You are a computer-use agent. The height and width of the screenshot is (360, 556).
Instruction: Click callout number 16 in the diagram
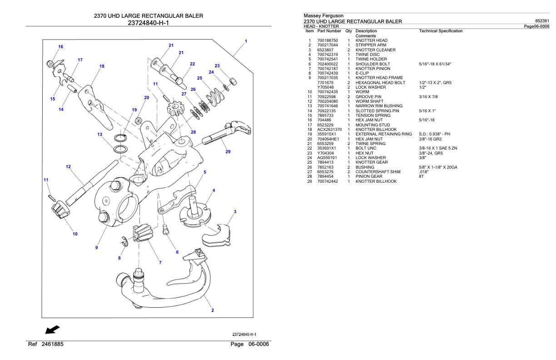click(x=60, y=47)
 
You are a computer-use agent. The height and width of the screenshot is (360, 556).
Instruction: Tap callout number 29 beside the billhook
click(x=228, y=152)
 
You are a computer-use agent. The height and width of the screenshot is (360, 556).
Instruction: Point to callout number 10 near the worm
click(x=75, y=234)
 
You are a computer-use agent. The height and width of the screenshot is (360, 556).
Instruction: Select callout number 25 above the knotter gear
click(x=199, y=78)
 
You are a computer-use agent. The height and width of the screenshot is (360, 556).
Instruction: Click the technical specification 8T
click(x=422, y=176)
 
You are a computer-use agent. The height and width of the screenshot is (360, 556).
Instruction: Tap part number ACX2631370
click(x=329, y=130)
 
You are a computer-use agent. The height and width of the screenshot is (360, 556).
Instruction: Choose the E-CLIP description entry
click(x=363, y=73)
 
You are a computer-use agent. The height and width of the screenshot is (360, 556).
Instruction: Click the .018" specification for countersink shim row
click(x=423, y=172)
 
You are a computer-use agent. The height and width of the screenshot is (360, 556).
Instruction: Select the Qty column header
click(x=348, y=31)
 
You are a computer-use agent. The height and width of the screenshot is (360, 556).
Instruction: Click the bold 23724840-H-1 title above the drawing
click(x=148, y=23)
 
